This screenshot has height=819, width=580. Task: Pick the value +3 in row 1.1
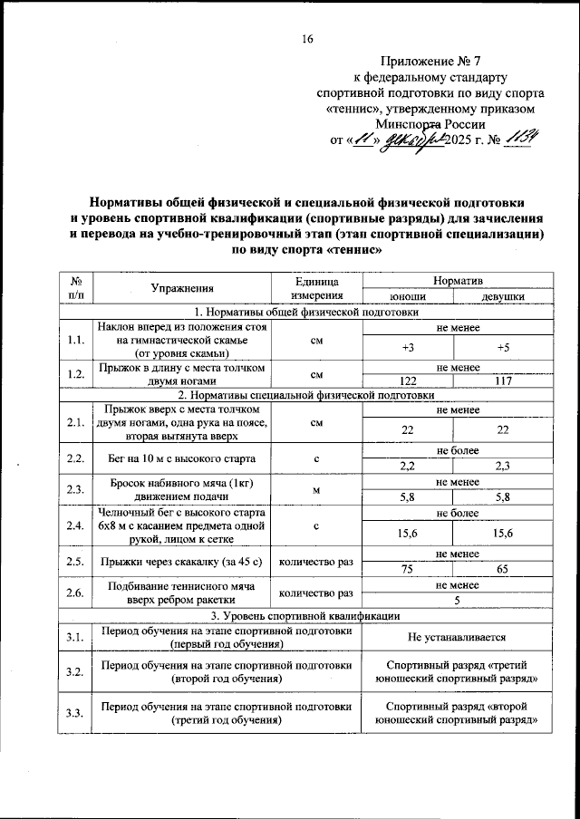pos(405,347)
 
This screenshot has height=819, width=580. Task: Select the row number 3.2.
pos(74,671)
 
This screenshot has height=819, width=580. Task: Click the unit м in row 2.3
pos(316,490)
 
